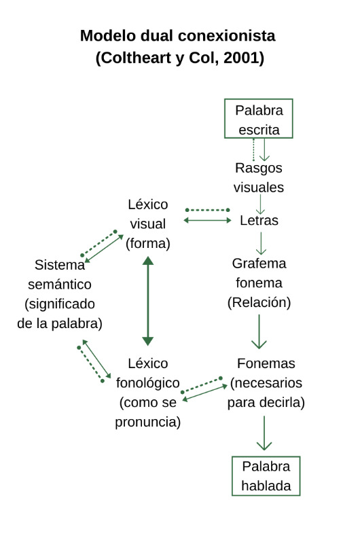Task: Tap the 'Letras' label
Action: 259,220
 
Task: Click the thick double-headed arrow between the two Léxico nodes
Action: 148,301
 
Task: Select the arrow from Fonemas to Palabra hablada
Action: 264,433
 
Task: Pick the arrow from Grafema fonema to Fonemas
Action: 259,331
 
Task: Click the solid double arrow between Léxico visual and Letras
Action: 207,220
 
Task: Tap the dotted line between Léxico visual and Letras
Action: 207,210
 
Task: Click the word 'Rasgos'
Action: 259,168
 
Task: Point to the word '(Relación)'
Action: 259,302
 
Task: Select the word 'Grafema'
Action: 259,264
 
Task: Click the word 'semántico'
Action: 60,285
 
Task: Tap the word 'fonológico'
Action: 148,383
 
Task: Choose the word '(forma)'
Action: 148,243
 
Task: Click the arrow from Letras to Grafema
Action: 261,243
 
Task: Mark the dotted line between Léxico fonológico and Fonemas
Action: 202,385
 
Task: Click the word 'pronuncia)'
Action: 148,422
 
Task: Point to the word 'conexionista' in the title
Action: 227,36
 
